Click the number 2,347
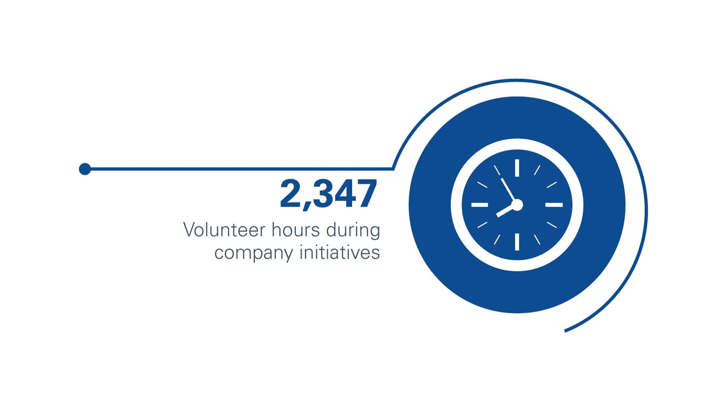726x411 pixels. click(329, 194)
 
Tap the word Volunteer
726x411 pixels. click(224, 230)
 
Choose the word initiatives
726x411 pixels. click(340, 252)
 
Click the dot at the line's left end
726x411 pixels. click(85, 169)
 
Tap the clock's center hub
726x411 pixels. click(517, 205)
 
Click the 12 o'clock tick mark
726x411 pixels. click(517, 168)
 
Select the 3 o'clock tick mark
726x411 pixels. click(554, 205)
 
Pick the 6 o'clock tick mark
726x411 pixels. click(517, 242)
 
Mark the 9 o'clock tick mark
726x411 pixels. click(480, 205)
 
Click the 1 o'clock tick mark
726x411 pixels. click(537, 170)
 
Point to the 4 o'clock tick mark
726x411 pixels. click(552, 225)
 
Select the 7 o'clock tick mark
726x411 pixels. click(497, 239)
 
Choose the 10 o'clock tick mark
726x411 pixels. click(482, 185)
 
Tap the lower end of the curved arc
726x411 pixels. click(565, 331)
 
